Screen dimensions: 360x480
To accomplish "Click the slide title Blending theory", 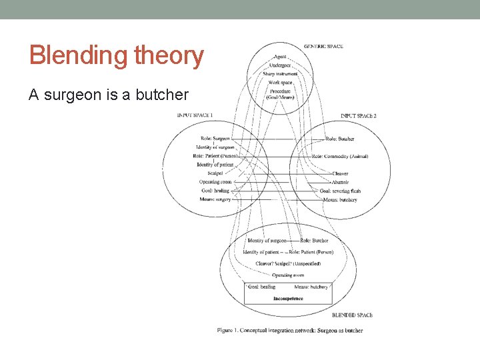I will [117, 55].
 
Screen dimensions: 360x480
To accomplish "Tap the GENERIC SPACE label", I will [323, 46].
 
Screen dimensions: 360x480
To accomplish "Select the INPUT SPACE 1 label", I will [195, 115].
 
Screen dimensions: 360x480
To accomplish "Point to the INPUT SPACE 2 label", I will [358, 116].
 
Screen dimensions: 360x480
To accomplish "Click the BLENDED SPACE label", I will [352, 315].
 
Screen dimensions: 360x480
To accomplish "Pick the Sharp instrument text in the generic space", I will [281, 74].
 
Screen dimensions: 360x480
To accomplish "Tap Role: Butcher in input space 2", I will [340, 139].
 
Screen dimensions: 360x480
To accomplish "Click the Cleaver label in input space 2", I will [340, 173].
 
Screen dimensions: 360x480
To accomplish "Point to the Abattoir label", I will [340, 182].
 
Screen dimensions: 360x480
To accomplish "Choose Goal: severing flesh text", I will [339, 191].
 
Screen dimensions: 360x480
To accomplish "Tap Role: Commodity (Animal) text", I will [340, 156].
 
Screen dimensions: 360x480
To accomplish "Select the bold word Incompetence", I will [288, 299].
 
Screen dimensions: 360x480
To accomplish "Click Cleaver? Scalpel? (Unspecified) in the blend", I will [288, 264].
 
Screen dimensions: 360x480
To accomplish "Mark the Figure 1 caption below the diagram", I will [289, 331].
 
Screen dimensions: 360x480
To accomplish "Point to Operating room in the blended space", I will [288, 275].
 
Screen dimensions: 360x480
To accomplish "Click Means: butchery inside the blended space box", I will [311, 287].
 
